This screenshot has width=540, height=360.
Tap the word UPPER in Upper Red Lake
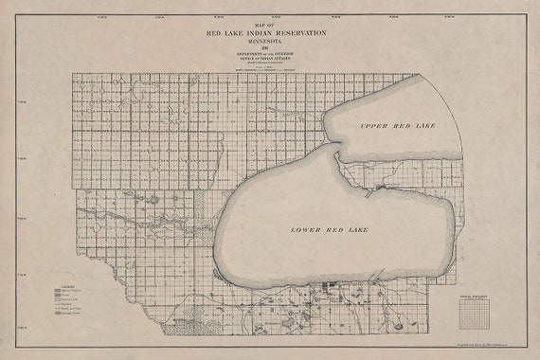pos(374,125)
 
